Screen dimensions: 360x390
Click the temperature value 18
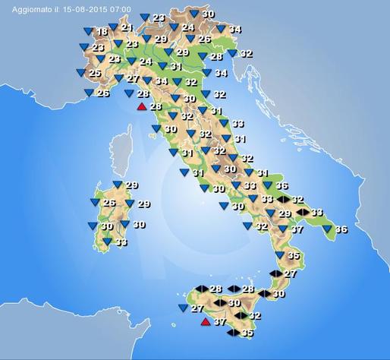point(102,32)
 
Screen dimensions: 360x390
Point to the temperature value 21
point(126,27)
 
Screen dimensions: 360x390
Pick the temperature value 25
point(95,74)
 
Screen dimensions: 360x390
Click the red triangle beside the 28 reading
point(141,106)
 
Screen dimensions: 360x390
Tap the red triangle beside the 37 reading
point(204,322)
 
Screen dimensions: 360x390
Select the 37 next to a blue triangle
point(297,229)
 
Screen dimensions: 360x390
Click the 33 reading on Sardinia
point(121,242)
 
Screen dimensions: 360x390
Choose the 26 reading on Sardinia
point(109,203)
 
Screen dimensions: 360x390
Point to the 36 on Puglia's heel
point(341,229)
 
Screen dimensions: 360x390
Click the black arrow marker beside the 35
point(233,332)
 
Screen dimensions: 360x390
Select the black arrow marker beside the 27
point(275,273)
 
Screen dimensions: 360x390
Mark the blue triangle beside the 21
point(113,27)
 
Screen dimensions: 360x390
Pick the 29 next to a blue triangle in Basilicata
point(285,214)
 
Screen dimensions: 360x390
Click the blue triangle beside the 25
point(80,73)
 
